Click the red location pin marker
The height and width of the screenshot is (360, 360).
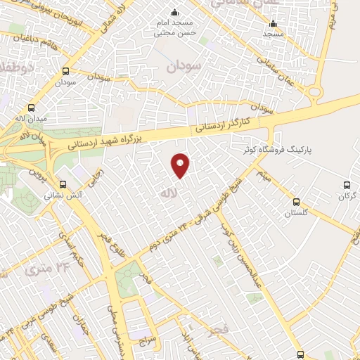tap(181, 165)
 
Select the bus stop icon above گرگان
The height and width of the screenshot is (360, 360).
tap(346, 184)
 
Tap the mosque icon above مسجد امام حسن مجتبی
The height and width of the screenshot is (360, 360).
tap(174, 12)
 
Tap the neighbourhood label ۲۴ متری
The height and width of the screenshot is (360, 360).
tap(49, 268)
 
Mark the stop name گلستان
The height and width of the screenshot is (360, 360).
tap(297, 212)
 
